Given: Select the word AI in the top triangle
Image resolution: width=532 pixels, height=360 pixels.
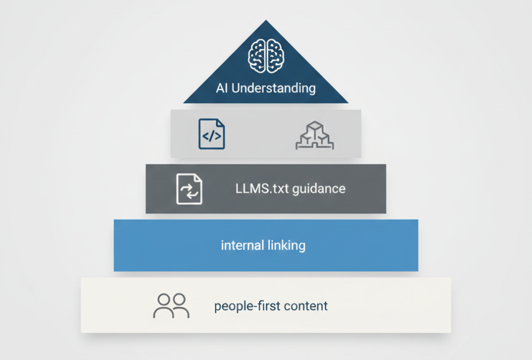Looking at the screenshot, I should coord(222,88).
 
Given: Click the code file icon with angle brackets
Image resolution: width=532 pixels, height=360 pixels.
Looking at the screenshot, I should coord(212,134).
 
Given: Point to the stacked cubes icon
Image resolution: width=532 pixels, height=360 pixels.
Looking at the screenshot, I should coord(314,136).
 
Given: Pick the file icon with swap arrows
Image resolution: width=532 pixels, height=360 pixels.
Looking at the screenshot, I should coord(189,189).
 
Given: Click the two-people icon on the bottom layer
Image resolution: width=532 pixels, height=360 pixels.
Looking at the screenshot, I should coord(171,306).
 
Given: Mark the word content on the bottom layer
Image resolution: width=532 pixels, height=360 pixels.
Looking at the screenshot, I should coord(306,306).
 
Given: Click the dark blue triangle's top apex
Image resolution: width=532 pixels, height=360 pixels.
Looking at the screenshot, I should coord(266,22).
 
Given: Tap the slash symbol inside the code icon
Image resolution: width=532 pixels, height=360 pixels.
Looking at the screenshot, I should coord(212,137).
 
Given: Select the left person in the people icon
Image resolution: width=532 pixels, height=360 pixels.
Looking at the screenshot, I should coord(163,306).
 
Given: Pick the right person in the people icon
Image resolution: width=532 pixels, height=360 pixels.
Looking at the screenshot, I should coord(180,306).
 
